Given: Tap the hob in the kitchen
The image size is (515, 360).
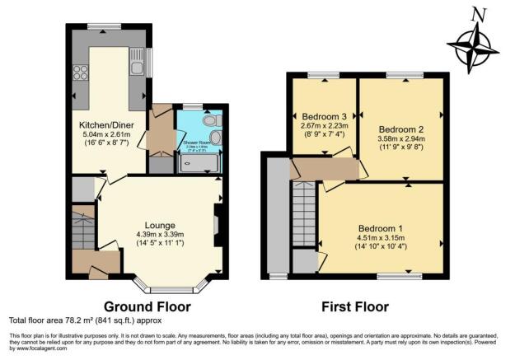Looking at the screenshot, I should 82,72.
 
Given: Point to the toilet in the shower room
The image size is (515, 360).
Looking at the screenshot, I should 213,136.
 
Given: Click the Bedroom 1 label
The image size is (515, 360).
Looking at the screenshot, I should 381,228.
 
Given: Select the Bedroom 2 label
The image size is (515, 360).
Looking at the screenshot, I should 400,129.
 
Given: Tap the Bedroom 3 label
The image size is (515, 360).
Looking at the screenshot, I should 324,116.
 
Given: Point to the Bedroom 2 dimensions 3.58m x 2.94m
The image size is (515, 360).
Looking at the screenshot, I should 400,139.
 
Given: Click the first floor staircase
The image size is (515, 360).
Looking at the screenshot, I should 304,211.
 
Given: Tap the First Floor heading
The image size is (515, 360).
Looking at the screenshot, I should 356,306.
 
